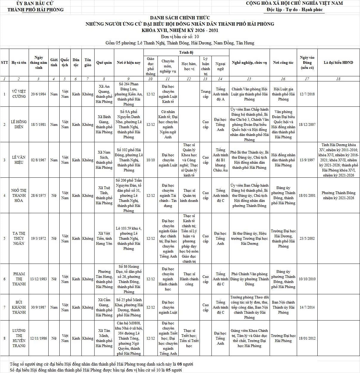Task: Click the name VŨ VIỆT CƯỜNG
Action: coord(19,94)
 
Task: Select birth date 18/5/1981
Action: coord(38,124)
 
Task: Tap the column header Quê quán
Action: coord(104,63)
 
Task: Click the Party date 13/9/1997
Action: coord(307,160)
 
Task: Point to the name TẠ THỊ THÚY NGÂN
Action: coord(19,239)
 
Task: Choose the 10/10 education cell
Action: coord(151,160)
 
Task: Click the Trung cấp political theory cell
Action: coord(206,94)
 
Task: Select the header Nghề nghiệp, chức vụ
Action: coord(249,63)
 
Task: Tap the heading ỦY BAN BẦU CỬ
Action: coord(35,3)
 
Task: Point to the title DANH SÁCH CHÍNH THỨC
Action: coord(180,18)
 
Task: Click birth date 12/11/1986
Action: coord(38,338)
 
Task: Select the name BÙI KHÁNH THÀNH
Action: coord(19,307)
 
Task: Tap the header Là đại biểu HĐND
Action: coord(338,63)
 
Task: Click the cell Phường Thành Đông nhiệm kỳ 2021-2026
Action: coord(338,195)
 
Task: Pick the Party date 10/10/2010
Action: coord(307,279)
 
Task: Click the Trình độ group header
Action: coord(186,52)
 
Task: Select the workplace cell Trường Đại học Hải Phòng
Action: coord(283,338)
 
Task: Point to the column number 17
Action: coord(307,79)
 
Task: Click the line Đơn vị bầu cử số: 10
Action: coord(180,37)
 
